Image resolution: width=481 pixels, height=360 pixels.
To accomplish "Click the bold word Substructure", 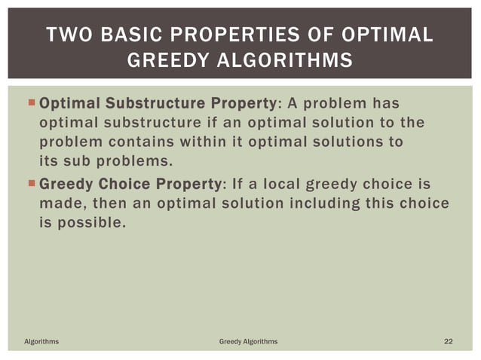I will (x=146, y=103).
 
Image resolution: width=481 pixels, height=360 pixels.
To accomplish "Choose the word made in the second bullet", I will (x=58, y=204).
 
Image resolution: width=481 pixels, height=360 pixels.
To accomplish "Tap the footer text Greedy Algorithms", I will (x=248, y=342).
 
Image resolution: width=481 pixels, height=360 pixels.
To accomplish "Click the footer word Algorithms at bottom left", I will (x=41, y=342).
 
